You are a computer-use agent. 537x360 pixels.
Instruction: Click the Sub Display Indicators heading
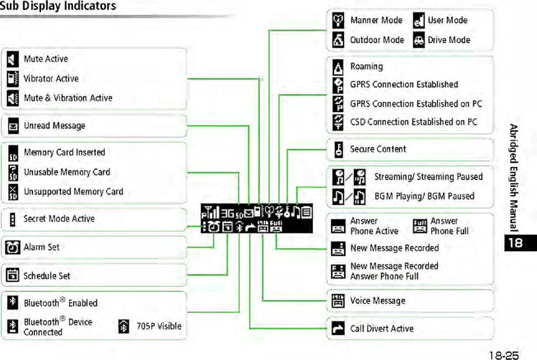58,7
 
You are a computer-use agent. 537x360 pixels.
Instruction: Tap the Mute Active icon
13,59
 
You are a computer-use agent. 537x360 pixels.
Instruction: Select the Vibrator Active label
51,79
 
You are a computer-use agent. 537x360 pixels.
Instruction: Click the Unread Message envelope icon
13,127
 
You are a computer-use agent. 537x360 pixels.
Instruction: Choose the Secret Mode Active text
59,219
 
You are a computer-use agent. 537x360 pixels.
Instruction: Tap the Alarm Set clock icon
13,248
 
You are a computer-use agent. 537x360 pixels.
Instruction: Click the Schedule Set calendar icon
13,276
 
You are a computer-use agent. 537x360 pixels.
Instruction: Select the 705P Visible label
159,326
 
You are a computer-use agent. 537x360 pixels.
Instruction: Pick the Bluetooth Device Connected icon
13,327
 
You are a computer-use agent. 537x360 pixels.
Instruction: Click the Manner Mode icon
339,21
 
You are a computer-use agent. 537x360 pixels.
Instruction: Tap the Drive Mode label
449,40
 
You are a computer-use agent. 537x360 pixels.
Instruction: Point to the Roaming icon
339,67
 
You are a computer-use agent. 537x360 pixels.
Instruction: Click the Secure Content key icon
339,149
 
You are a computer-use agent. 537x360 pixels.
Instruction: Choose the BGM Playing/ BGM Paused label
424,196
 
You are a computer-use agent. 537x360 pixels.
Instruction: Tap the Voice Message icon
338,301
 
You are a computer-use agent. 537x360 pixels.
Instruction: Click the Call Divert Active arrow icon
338,329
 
